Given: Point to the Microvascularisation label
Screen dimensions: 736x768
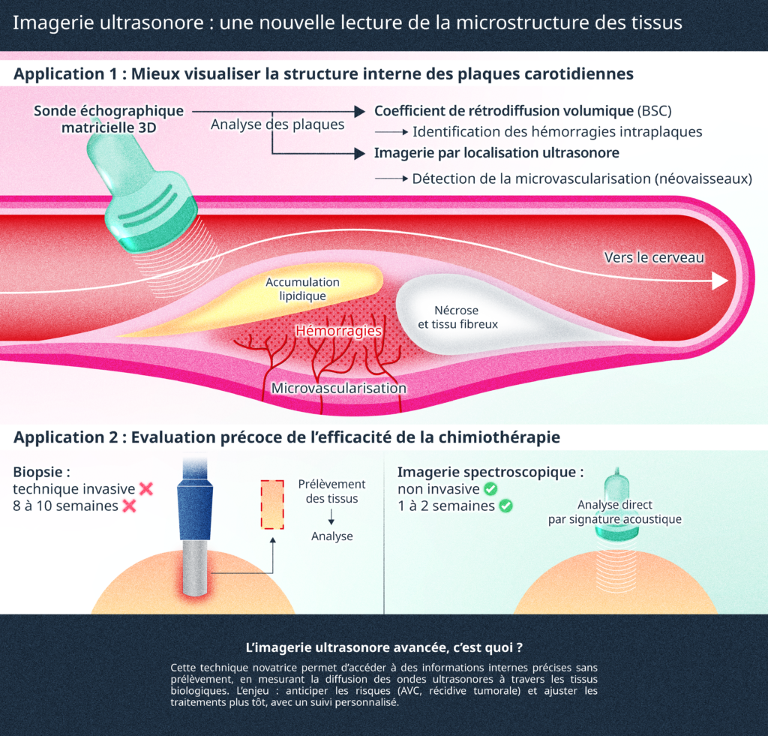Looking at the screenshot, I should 339,389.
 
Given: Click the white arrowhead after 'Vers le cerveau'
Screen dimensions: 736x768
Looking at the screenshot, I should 719,281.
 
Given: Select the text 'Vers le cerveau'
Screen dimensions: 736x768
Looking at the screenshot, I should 654,257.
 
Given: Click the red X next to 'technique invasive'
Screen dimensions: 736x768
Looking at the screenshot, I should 145,489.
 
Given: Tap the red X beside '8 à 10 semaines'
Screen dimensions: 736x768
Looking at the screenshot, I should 128,506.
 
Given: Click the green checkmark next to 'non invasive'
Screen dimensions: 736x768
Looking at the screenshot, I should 490,489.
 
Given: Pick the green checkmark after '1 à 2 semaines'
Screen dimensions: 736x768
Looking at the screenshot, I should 505,506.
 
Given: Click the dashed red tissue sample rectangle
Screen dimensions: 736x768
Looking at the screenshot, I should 271,504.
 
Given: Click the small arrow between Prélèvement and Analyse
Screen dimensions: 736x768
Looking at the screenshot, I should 331,518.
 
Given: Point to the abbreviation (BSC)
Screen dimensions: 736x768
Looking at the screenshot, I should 655,111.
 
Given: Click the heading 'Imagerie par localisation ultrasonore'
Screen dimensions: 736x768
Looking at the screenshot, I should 496,153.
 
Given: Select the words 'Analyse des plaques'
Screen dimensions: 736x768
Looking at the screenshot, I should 277,125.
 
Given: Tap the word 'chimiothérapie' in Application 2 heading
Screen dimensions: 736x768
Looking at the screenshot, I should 499,437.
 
